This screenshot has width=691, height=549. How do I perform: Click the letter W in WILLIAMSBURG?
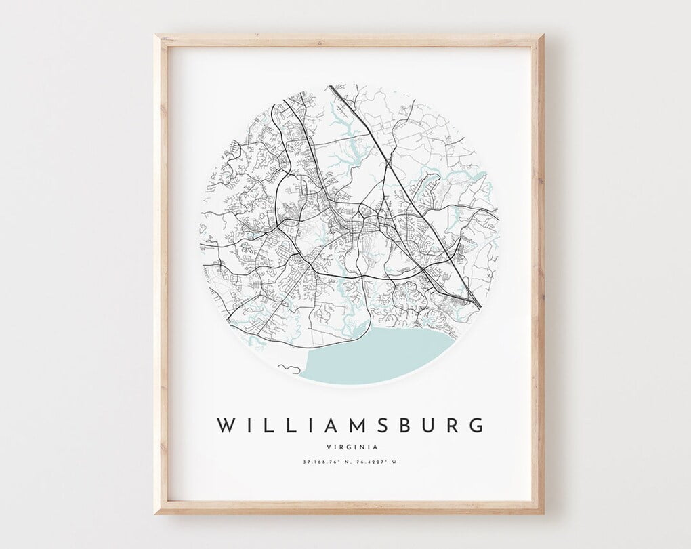[226, 425]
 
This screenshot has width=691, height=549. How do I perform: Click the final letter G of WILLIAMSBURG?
[476, 425]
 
